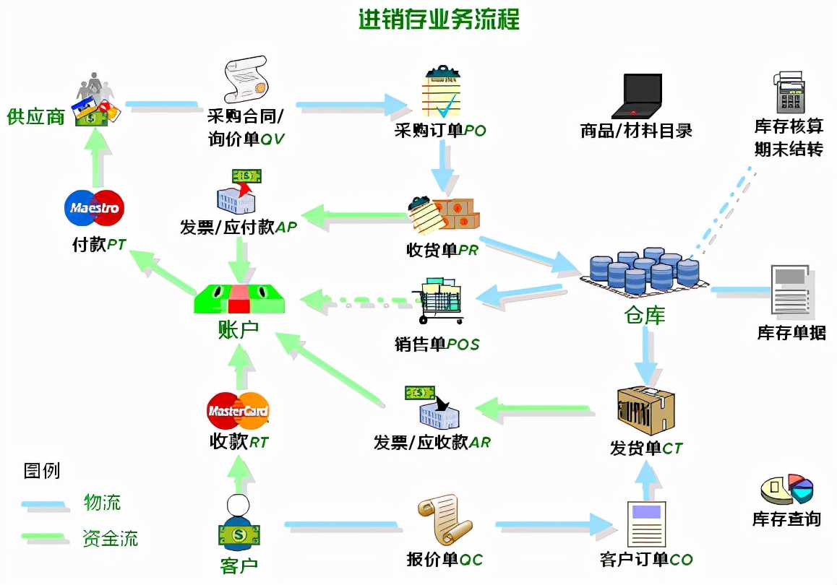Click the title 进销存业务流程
click(x=439, y=19)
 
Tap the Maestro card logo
click(x=94, y=209)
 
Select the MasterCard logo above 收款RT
click(x=238, y=411)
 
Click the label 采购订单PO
click(x=439, y=131)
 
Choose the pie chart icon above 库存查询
click(x=787, y=489)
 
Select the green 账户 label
click(x=238, y=330)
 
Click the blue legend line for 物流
click(x=45, y=504)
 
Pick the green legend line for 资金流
click(x=45, y=537)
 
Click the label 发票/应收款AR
click(x=432, y=442)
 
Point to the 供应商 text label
click(x=36, y=116)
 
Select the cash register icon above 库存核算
click(x=789, y=92)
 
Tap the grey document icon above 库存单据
click(x=790, y=290)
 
